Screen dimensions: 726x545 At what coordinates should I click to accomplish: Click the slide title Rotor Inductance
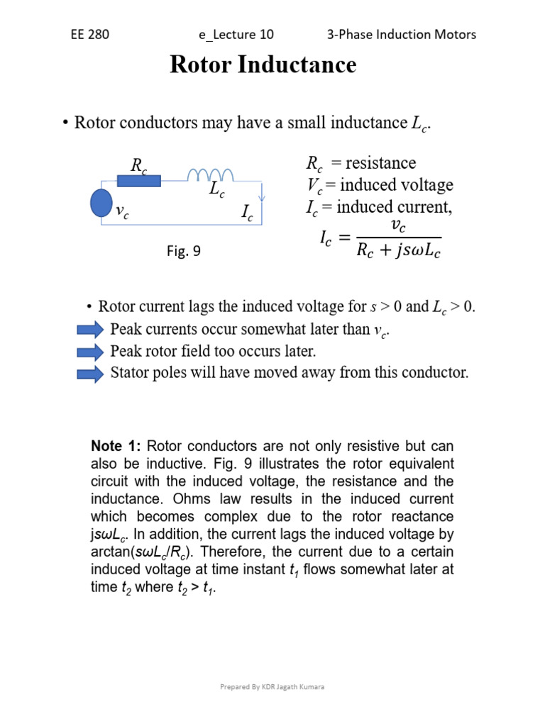263,65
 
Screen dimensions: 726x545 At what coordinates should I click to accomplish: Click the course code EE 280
90,34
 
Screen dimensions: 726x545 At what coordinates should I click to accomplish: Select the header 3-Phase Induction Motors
402,34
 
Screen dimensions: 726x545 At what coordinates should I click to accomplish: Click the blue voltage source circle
101,201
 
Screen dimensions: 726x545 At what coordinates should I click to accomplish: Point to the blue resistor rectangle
138,181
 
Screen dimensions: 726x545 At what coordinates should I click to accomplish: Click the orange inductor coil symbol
211,174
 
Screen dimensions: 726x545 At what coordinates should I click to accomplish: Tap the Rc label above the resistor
139,165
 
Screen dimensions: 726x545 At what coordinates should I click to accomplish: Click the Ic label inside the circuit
248,213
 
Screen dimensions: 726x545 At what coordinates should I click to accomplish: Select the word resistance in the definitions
381,163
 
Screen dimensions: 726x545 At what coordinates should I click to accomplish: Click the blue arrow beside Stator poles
90,373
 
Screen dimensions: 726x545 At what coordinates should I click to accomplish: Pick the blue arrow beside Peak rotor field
90,352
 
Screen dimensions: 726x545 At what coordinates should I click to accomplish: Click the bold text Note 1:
117,446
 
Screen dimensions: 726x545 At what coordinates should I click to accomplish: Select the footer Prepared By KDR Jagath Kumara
272,687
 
